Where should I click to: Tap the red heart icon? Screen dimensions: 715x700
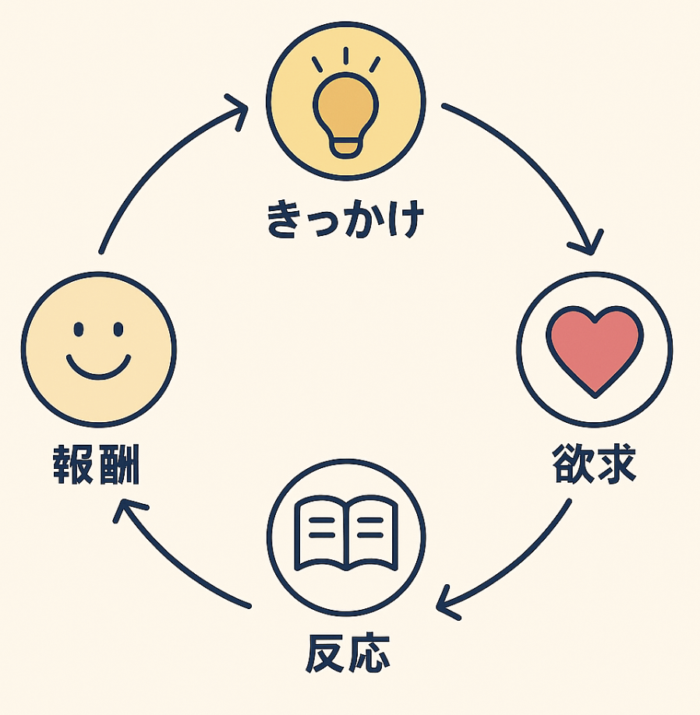pyautogui.click(x=595, y=348)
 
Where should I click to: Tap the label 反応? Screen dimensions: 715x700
pyautogui.click(x=346, y=653)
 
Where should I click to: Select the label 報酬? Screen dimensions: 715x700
pyautogui.click(x=97, y=466)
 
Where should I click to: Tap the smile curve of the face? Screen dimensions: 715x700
pyautogui.click(x=98, y=369)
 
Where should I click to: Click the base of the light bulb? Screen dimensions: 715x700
pyautogui.click(x=345, y=146)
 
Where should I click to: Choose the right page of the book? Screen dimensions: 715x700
pyautogui.click(x=372, y=534)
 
